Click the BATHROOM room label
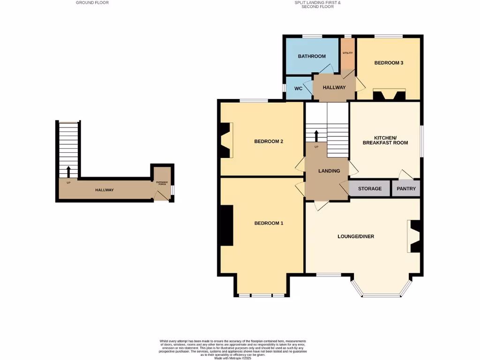tap(312, 56)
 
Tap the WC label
tap(298, 88)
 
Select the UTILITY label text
tap(347, 53)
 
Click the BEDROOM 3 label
tap(389, 63)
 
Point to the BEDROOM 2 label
tap(268, 142)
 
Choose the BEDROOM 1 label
tap(269, 223)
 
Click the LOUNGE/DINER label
tap(356, 236)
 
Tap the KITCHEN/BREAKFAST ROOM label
tap(385, 139)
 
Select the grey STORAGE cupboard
tap(370, 188)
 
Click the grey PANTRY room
tap(406, 188)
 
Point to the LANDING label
tap(329, 171)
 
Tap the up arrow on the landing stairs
tap(316, 136)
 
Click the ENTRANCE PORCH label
tap(161, 184)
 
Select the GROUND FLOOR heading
tap(92, 2)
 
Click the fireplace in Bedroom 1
tap(227, 225)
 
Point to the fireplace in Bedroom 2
tap(225, 140)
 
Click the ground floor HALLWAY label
tap(105, 190)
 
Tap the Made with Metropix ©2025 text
tap(233, 358)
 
